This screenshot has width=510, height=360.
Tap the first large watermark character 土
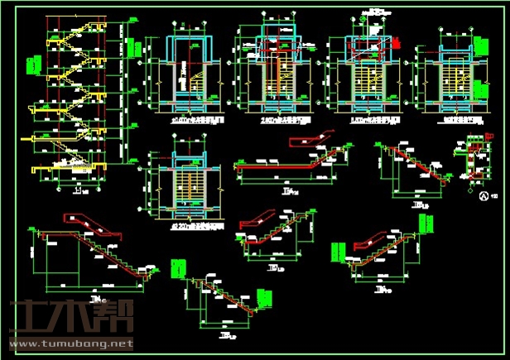click(29, 319)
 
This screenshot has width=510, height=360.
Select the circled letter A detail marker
click(484, 195)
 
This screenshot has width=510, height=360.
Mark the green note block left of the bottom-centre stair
click(176, 269)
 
